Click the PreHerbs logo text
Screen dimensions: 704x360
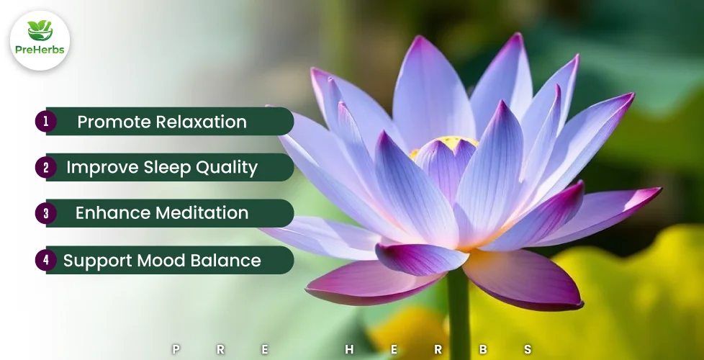[x=40, y=50]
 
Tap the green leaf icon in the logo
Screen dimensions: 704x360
[x=40, y=30]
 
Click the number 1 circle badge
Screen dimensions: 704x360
[x=46, y=121]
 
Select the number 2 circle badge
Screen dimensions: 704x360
[x=46, y=168]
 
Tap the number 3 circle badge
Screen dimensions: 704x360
[x=46, y=213]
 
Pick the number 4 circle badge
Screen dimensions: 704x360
[x=46, y=260]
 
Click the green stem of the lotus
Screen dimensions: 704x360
[x=459, y=314]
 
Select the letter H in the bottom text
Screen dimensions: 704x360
[x=349, y=349]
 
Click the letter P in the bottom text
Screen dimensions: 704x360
[x=176, y=349]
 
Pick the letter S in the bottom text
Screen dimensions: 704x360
[x=528, y=349]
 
